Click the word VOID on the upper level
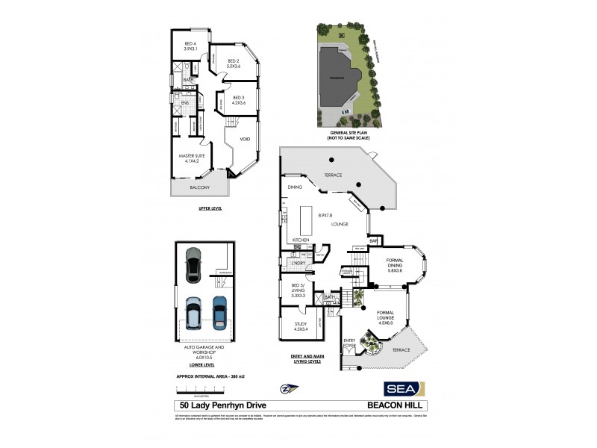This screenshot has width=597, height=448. tap(245, 140)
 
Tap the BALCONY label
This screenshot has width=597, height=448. tap(199, 187)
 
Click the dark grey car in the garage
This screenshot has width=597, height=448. tap(193, 261)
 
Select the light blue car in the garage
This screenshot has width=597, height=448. tap(193, 313)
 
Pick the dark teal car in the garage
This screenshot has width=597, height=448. tap(219, 312)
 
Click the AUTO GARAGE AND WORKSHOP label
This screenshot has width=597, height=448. tap(199, 350)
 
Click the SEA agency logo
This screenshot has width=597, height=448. tap(404, 388)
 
